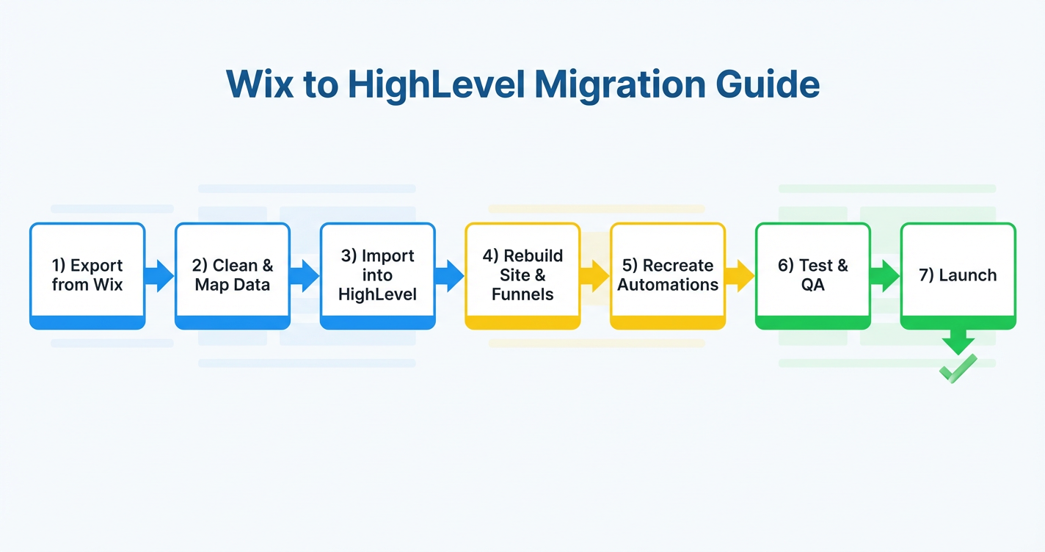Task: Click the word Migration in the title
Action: click(x=621, y=85)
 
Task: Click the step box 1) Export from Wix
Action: click(x=87, y=275)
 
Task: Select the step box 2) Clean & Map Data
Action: click(x=233, y=275)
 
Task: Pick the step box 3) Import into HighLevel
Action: click(x=378, y=275)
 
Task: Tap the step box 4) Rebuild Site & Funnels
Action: click(x=522, y=275)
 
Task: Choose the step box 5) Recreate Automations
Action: click(x=668, y=275)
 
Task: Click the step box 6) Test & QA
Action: click(x=813, y=275)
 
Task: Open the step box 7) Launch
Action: click(x=958, y=275)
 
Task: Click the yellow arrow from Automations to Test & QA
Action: click(x=740, y=276)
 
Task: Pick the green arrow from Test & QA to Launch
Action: click(x=885, y=276)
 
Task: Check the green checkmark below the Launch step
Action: click(x=958, y=368)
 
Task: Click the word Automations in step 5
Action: click(x=668, y=285)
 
